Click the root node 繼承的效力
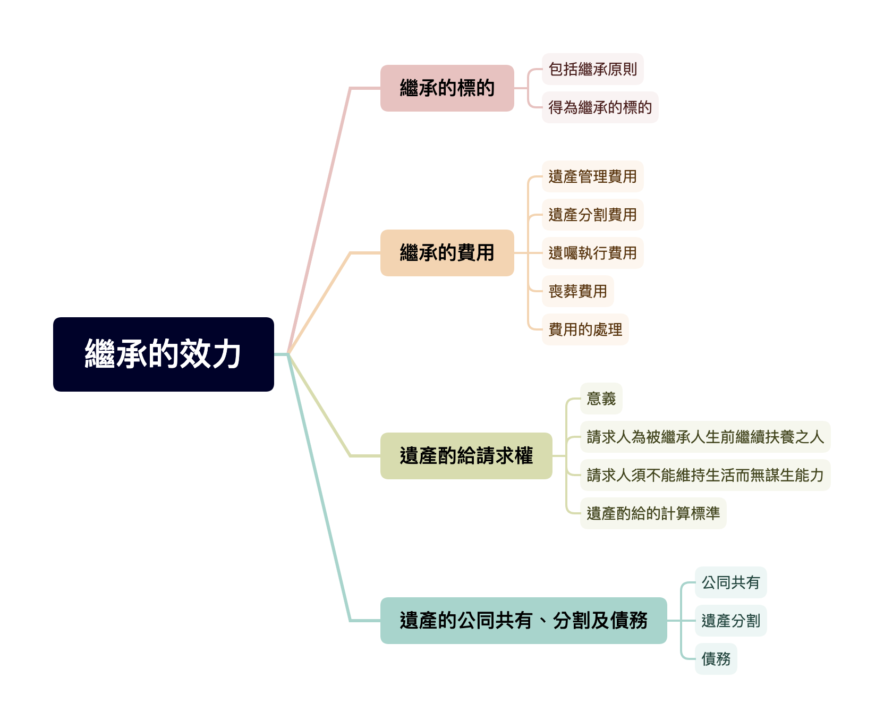[x=163, y=354]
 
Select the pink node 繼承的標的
[x=447, y=88]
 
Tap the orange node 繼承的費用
[x=447, y=253]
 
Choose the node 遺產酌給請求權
[x=466, y=456]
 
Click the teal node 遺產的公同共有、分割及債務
[x=523, y=621]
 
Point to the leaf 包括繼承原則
[x=592, y=69]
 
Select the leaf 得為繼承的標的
[x=600, y=107]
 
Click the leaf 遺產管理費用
[x=592, y=176]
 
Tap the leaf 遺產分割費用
[x=592, y=215]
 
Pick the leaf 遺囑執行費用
[x=592, y=253]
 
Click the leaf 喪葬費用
[x=577, y=291]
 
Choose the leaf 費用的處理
[x=585, y=329]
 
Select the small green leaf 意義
[x=601, y=399]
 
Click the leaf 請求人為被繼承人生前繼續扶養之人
[x=705, y=437]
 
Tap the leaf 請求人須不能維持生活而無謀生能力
[x=705, y=475]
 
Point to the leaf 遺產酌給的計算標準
[x=653, y=513]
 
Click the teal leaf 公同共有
[x=730, y=582]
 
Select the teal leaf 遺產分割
[x=730, y=621]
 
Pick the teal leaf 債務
[x=716, y=659]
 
